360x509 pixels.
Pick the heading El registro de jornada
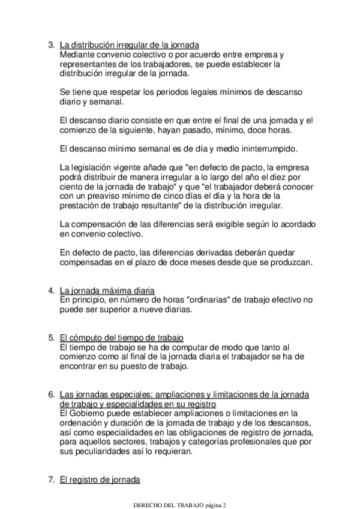tap(100, 480)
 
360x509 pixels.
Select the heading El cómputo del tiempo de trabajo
tap(122, 337)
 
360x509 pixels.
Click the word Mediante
tap(78, 53)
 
